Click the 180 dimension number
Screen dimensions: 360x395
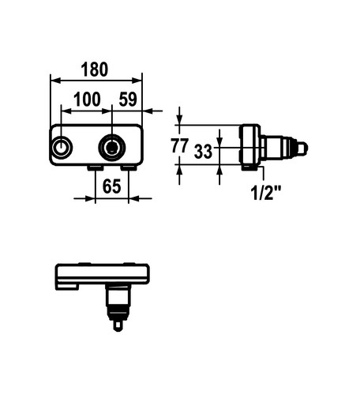pyautogui.click(x=95, y=70)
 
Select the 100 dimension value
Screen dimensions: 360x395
pyautogui.click(x=87, y=100)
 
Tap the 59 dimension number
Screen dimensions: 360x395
pyautogui.click(x=128, y=100)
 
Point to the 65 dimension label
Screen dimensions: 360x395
pyautogui.click(x=111, y=186)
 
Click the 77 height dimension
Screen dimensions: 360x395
pyautogui.click(x=180, y=145)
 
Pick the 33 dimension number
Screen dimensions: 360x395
pyautogui.click(x=203, y=152)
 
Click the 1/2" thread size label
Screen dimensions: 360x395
pyautogui.click(x=266, y=193)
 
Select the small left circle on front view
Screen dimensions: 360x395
pyautogui.click(x=61, y=147)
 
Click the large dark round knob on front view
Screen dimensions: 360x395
pyautogui.click(x=112, y=147)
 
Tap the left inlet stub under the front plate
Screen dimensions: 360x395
pyautogui.click(x=96, y=168)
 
